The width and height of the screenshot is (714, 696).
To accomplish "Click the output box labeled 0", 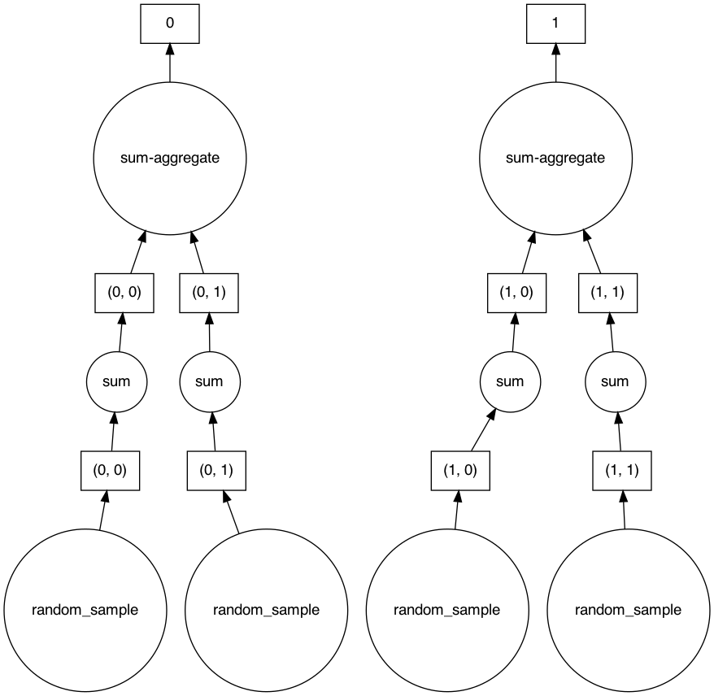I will [x=169, y=23].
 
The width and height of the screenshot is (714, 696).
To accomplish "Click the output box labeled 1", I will [x=555, y=23].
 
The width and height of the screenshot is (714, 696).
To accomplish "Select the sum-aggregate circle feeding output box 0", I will [x=169, y=158].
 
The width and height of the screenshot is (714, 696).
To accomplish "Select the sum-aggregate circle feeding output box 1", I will [x=555, y=158].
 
